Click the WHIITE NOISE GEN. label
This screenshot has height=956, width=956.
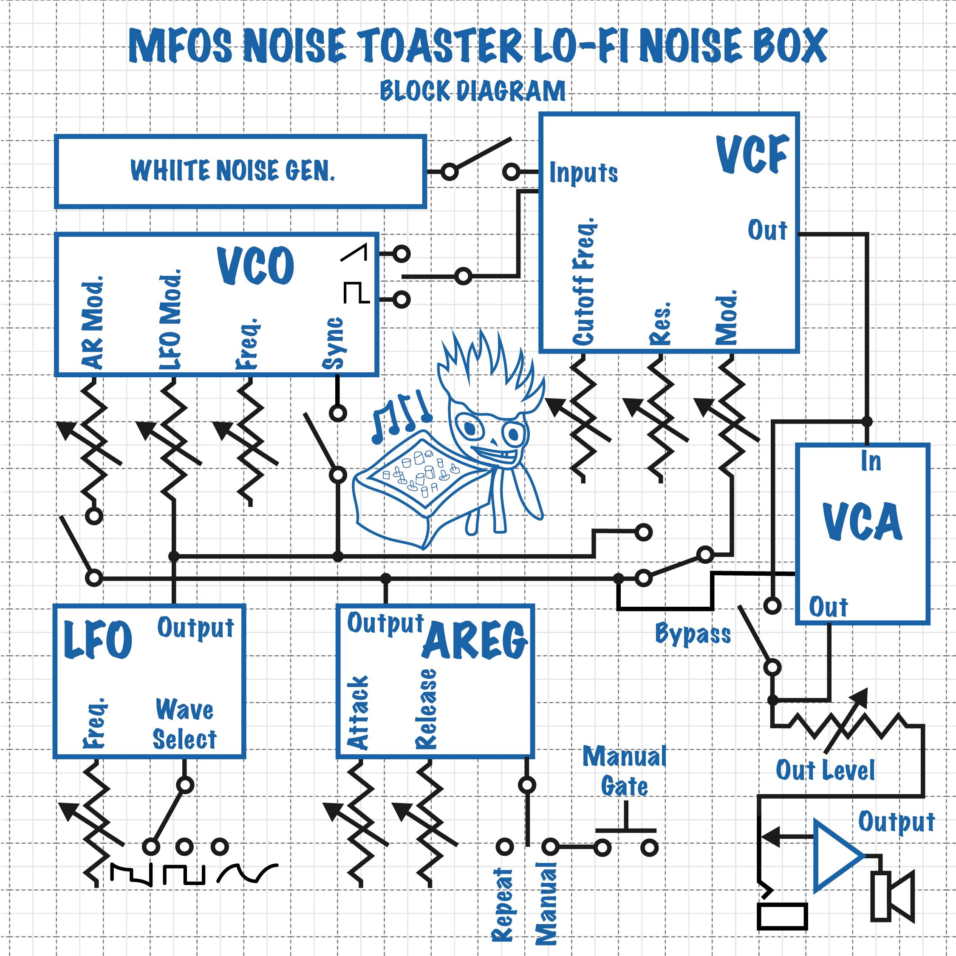(x=232, y=171)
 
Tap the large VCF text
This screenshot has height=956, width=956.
(x=752, y=154)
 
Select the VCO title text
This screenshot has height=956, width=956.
(x=256, y=266)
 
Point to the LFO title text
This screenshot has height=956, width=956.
(x=99, y=640)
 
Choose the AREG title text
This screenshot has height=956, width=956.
(x=475, y=641)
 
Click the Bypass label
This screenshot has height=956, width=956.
(x=693, y=634)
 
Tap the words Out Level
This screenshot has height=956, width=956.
(x=825, y=770)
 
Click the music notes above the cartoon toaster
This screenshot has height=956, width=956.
(x=401, y=415)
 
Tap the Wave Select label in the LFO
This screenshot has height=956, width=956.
(x=184, y=724)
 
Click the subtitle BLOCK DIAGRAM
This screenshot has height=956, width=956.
(x=472, y=91)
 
